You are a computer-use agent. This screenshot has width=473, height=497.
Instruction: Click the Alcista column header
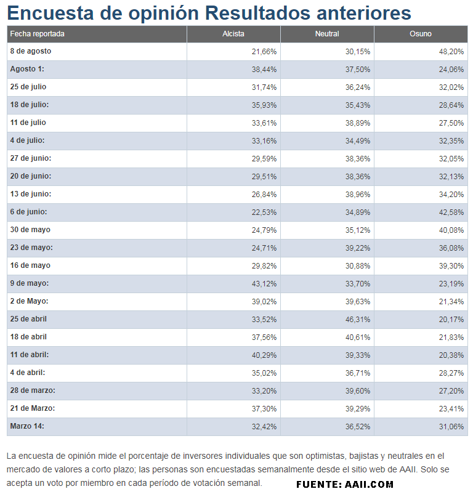(x=233, y=34)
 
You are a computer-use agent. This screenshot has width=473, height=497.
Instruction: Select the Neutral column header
(x=327, y=34)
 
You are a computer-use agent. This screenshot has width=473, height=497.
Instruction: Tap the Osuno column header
(x=421, y=34)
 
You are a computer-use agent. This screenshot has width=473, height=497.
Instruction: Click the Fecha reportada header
(x=37, y=34)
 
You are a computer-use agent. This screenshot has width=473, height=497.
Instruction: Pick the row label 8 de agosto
(x=30, y=51)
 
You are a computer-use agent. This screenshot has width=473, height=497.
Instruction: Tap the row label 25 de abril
(x=28, y=319)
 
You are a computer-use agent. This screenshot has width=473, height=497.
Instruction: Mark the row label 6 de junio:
(x=28, y=212)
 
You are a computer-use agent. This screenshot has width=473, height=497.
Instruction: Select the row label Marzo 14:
(x=27, y=426)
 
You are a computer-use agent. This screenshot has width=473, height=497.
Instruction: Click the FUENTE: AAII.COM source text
(x=344, y=485)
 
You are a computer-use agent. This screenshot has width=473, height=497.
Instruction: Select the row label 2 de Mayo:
(x=29, y=301)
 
